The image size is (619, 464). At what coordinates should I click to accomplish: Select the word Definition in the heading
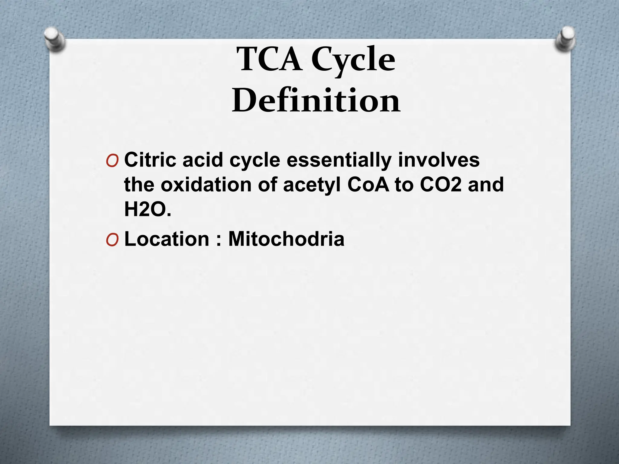click(316, 100)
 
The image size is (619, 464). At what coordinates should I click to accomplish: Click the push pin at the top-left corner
click(54, 39)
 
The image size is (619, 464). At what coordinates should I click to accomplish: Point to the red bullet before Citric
click(112, 161)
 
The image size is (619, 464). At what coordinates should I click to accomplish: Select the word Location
click(167, 239)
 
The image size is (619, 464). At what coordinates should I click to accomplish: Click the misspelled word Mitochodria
click(286, 239)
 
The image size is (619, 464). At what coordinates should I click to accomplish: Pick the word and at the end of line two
click(486, 185)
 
